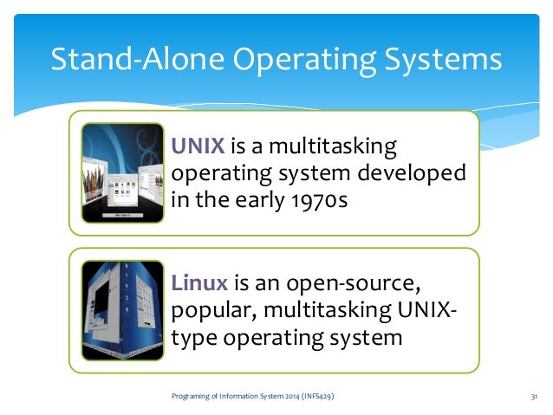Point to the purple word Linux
(199, 282)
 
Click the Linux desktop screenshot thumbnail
(121, 310)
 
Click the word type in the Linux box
(197, 338)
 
